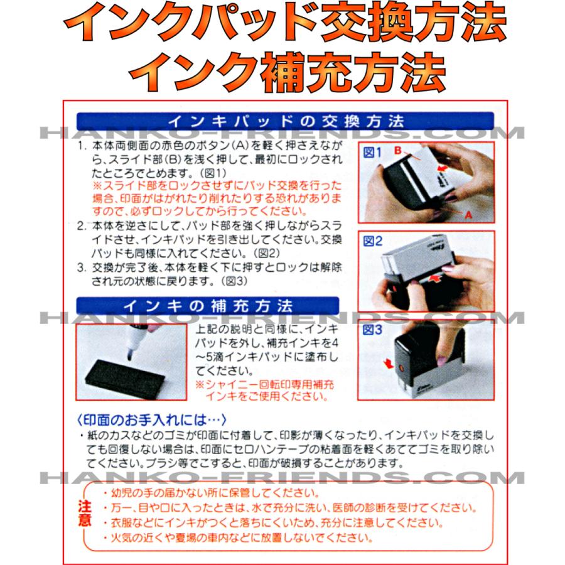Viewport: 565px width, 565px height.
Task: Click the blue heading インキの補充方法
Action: [x=207, y=306]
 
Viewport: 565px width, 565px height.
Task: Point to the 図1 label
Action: [x=373, y=152]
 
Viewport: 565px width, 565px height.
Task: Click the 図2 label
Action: [x=373, y=242]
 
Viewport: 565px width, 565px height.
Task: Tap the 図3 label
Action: [x=373, y=329]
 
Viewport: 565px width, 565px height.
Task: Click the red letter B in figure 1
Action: [x=397, y=151]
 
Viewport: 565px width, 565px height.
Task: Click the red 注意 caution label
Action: [x=86, y=514]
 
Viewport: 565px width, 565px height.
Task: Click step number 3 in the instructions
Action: [x=81, y=268]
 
